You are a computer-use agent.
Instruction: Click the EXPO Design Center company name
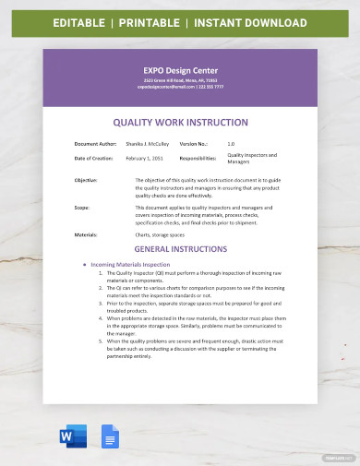tap(180, 68)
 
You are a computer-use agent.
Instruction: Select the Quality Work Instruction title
tap(180, 120)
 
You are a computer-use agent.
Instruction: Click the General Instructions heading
tap(180, 249)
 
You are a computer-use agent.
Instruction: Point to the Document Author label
tap(93, 143)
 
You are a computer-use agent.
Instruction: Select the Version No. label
tap(194, 143)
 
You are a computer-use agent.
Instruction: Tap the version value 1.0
tap(231, 143)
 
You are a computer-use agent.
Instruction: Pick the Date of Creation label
tap(93, 159)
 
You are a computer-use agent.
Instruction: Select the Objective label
tap(86, 179)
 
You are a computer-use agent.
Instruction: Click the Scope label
tap(81, 208)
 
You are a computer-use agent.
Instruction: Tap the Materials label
tap(86, 235)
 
